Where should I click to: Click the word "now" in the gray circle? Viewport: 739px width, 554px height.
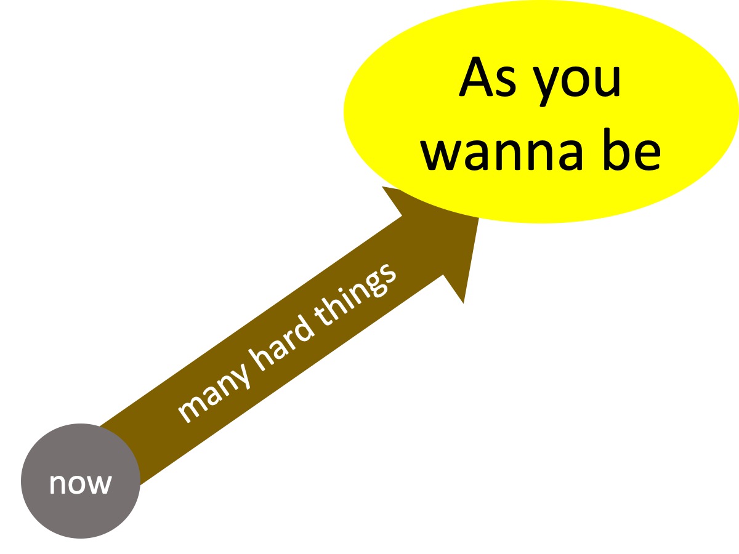(80, 484)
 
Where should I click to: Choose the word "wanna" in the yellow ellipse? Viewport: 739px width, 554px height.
(503, 153)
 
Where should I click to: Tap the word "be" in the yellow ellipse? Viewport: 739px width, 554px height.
(632, 149)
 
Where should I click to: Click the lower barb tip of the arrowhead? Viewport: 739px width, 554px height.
(463, 303)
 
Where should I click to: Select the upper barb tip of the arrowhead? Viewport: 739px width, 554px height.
(382, 187)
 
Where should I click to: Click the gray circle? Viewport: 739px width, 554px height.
(80, 481)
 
